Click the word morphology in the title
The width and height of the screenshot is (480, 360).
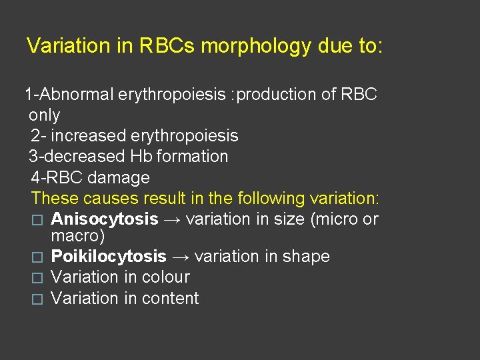click(255, 47)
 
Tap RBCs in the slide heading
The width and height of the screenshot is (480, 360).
click(167, 46)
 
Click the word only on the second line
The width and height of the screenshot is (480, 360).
click(44, 115)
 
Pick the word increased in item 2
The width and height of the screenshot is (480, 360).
click(90, 136)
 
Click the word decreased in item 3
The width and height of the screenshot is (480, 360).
click(83, 157)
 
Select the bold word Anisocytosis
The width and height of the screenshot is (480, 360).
click(105, 219)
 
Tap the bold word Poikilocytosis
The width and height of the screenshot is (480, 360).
click(109, 257)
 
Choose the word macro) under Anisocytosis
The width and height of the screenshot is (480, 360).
click(78, 237)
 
